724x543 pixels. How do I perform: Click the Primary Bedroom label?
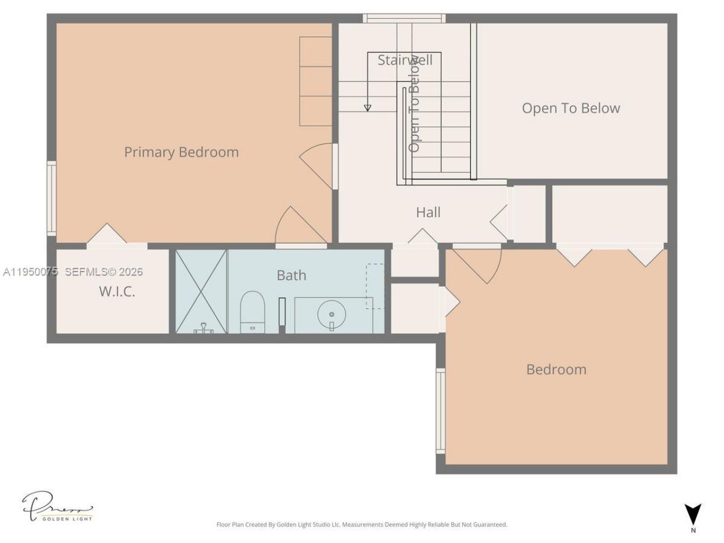coord(181,152)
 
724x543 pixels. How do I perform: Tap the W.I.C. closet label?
coord(117,292)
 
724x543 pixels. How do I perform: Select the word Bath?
coord(291,275)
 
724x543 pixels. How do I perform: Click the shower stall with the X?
coord(201,291)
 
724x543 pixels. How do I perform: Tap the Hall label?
coord(428,213)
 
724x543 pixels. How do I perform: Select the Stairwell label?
coord(405,60)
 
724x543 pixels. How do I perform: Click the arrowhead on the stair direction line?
coord(368,107)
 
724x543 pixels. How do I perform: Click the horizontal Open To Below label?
coord(571,108)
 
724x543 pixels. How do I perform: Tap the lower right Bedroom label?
coord(556,369)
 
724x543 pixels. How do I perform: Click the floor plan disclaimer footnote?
coord(361,525)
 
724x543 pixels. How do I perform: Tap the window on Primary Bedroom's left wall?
coord(51,198)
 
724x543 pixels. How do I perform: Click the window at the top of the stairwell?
coord(404,19)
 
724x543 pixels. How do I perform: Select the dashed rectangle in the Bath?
coord(374,286)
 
